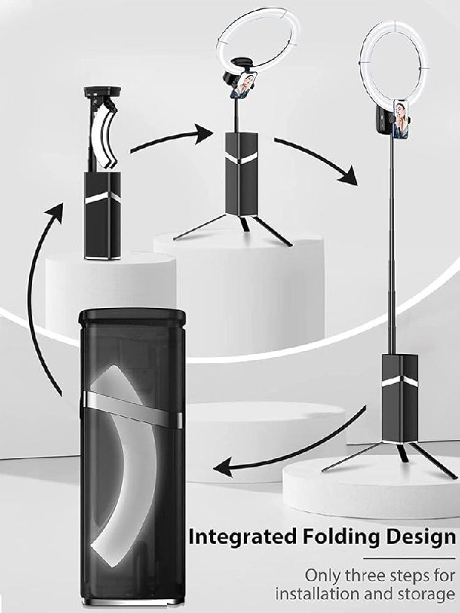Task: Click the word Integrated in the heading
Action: pyautogui.click(x=242, y=538)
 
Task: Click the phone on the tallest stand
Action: pyautogui.click(x=402, y=120)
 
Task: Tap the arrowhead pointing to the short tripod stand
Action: pyautogui.click(x=204, y=134)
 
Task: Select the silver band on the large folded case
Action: pyautogui.click(x=132, y=408)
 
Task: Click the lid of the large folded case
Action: pyautogui.click(x=131, y=317)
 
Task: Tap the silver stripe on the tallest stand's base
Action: pyautogui.click(x=399, y=382)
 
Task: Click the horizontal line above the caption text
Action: pyautogui.click(x=409, y=559)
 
